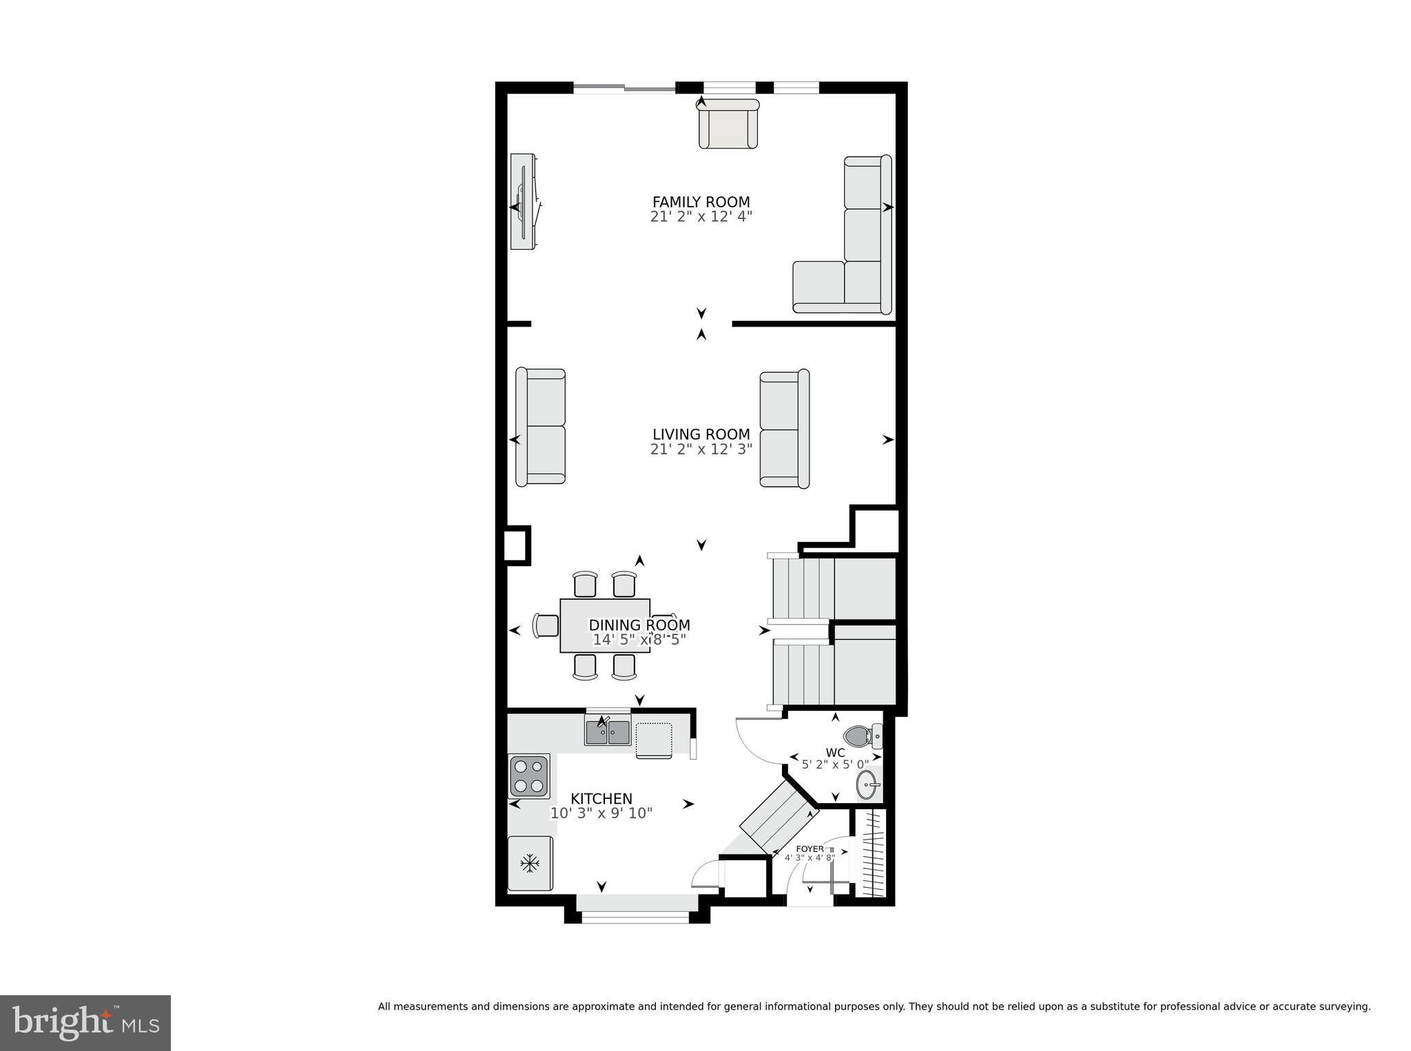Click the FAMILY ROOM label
[701, 202]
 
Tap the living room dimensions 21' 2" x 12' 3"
[701, 449]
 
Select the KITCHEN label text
[601, 798]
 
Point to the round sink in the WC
[867, 783]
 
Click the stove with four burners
[529, 776]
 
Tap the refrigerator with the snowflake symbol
[530, 863]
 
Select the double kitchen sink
[608, 732]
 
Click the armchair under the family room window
[728, 125]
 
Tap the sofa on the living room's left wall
[541, 427]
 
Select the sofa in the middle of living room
[784, 429]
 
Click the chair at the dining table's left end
[546, 625]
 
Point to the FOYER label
[810, 849]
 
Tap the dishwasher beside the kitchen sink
[653, 739]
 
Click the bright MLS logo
[85, 1022]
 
